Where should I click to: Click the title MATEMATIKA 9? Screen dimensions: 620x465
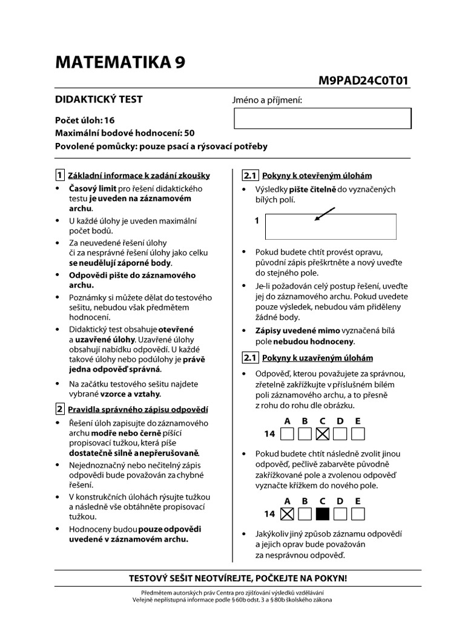click(120, 62)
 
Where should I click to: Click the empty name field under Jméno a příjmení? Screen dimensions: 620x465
click(322, 118)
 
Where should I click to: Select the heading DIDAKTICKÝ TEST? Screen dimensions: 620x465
click(99, 99)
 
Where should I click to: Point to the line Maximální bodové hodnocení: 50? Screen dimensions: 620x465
click(125, 133)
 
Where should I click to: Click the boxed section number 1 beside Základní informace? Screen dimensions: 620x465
click(59, 176)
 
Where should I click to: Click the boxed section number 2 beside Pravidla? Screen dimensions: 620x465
click(59, 409)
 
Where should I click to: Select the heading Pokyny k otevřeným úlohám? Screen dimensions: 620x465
click(317, 176)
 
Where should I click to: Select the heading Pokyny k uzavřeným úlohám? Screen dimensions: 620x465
click(317, 358)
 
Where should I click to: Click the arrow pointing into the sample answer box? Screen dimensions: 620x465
click(325, 214)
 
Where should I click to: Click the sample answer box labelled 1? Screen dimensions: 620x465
click(331, 226)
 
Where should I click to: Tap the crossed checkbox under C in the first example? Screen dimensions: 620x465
click(323, 434)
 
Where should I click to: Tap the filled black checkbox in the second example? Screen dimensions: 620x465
click(323, 514)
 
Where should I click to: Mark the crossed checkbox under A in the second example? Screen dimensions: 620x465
click(288, 514)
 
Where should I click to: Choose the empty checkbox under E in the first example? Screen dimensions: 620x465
click(358, 434)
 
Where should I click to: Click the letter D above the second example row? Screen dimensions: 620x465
click(340, 501)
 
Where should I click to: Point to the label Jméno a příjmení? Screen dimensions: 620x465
click(267, 101)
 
